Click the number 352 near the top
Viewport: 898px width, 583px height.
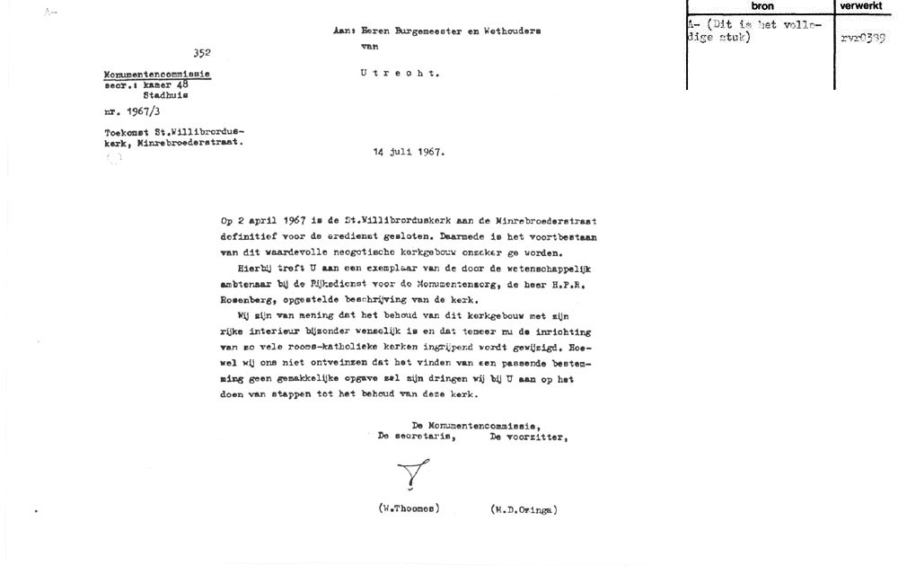coord(201,53)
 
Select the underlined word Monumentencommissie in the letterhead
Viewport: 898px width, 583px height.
coord(158,74)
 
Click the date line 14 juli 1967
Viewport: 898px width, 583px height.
coord(409,152)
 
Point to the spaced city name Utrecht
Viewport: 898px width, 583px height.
coord(400,74)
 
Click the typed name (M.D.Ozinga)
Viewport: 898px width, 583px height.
coord(524,509)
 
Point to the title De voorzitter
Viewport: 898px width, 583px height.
coord(528,437)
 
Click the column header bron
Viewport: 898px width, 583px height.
coord(762,6)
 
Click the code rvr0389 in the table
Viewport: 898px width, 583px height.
coord(864,38)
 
